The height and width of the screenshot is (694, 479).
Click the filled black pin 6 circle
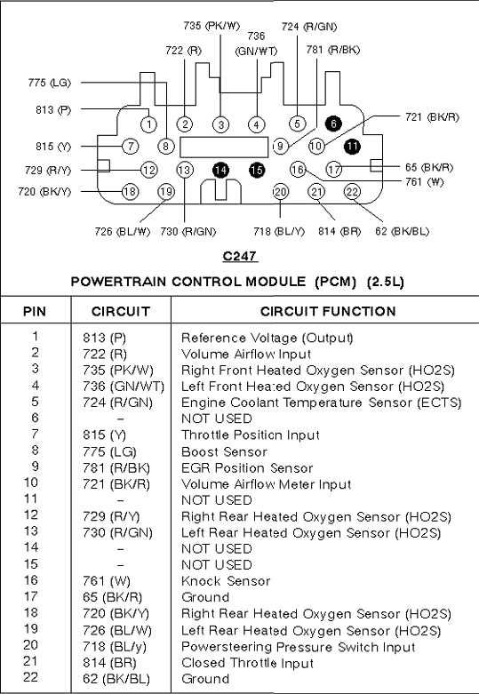(333, 124)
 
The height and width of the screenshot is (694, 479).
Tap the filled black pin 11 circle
(352, 146)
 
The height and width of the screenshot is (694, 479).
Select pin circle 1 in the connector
(148, 124)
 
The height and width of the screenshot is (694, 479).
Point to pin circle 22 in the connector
(352, 192)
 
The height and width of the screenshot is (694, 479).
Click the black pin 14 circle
(220, 170)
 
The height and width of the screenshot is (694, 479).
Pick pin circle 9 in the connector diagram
(281, 146)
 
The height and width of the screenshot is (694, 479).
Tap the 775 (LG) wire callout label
(50, 83)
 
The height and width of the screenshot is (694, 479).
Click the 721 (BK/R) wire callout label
(432, 117)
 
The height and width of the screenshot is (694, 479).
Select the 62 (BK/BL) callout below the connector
(402, 231)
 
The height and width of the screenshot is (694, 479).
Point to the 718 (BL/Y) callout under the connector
(279, 231)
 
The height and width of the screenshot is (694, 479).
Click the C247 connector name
(240, 256)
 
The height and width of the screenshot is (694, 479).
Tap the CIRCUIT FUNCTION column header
(328, 311)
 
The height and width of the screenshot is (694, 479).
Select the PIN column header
(35, 311)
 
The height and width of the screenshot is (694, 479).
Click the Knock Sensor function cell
(226, 580)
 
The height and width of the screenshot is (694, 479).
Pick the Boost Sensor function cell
(225, 451)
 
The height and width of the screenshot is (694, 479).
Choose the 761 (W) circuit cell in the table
(107, 581)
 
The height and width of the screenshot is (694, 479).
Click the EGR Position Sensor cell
(247, 467)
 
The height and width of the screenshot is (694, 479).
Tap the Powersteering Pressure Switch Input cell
(299, 647)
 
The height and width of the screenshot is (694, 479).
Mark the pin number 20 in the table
(31, 645)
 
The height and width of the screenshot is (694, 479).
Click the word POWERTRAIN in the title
(119, 282)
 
